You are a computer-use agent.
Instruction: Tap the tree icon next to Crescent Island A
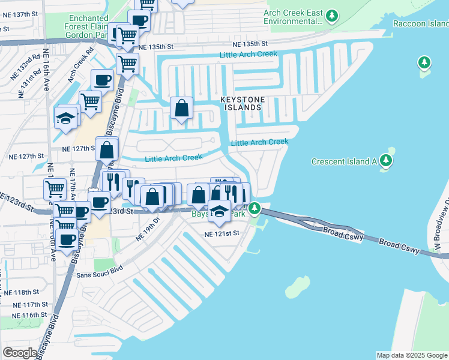coord(387,160)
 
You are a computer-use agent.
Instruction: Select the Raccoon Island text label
coord(420,23)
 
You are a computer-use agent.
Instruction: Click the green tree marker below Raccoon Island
coord(424,63)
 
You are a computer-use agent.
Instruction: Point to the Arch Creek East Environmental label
coord(293,17)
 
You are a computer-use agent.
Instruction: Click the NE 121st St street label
coord(221,233)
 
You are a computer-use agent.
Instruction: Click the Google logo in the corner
coord(20,353)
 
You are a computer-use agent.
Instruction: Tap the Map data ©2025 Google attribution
coord(412,355)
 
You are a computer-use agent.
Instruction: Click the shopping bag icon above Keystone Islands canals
coord(181,109)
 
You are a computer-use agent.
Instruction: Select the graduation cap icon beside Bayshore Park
coord(220,212)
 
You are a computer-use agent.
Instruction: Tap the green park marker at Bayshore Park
coord(255,209)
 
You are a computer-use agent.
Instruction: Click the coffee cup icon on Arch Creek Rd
coord(102,80)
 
